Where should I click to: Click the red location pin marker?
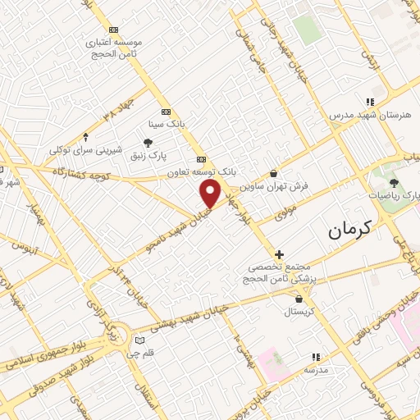click(x=211, y=194)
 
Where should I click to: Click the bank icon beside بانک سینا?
click(x=167, y=112)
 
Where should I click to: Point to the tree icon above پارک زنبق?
click(x=148, y=144)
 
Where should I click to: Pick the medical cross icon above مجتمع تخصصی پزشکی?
click(x=279, y=255)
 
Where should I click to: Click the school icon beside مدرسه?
click(x=314, y=357)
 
